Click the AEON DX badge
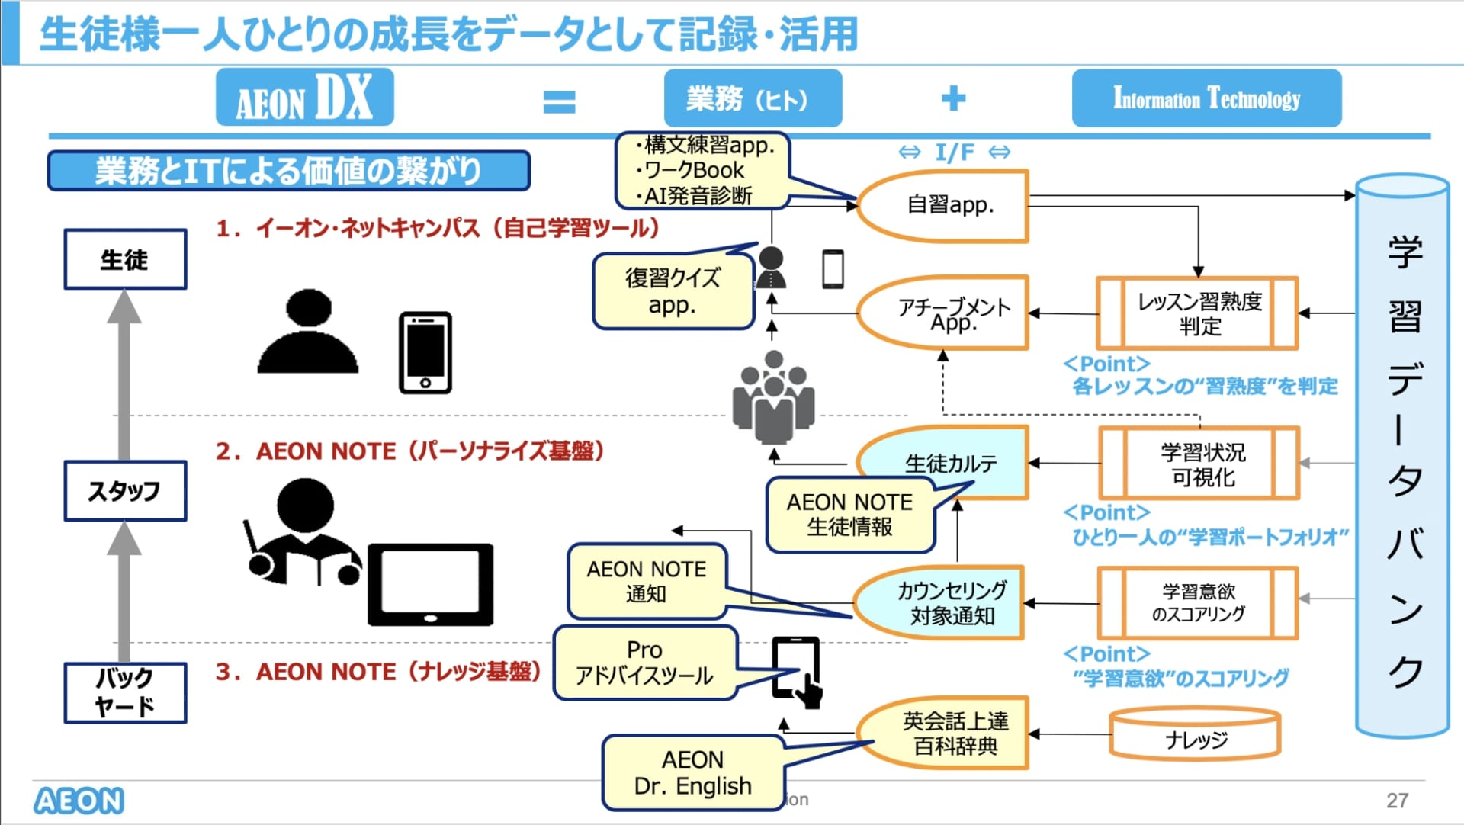304,98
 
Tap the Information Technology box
1206,98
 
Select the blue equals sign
559,101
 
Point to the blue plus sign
953,98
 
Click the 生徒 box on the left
125,259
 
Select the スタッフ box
125,491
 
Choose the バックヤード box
125,692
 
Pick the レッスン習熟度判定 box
1197,313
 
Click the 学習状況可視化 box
1199,464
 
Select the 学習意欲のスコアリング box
1197,602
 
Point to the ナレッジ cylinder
1195,737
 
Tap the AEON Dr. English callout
692,772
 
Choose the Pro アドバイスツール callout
645,663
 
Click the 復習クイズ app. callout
672,291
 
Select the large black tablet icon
430,584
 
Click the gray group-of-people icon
773,397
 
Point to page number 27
1397,800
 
